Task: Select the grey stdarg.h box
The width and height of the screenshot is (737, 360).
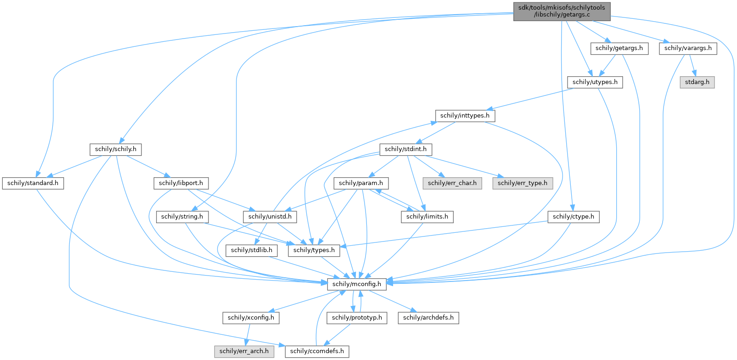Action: (x=698, y=82)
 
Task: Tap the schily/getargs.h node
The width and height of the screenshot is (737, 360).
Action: (x=619, y=48)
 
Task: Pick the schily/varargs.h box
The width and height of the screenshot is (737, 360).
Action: (x=688, y=48)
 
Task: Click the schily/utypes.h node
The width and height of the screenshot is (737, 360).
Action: (x=595, y=82)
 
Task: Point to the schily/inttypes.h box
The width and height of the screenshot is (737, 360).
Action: (x=465, y=116)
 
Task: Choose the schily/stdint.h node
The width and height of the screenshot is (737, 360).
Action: (x=406, y=149)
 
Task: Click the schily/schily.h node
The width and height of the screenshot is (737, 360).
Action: (x=116, y=149)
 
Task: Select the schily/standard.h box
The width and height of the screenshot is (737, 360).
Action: (x=33, y=183)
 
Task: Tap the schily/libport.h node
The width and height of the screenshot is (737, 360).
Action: (x=181, y=183)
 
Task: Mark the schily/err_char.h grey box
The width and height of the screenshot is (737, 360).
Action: (x=452, y=183)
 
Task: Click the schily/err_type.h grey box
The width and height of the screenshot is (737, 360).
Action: (x=523, y=183)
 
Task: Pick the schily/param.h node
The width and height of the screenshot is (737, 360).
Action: (x=361, y=183)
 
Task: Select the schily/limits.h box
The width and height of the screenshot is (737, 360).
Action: (x=427, y=216)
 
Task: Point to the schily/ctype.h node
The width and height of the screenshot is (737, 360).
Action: (x=573, y=216)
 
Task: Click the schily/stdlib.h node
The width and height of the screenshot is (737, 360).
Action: (x=252, y=250)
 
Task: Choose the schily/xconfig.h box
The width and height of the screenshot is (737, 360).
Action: (x=251, y=317)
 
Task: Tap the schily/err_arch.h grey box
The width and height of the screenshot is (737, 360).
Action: (x=244, y=351)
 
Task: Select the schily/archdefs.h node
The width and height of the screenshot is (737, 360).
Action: (x=428, y=317)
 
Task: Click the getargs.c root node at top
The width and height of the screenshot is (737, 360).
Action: (x=562, y=11)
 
